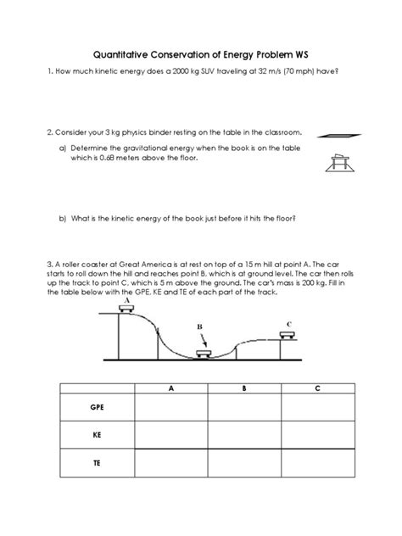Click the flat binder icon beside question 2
tap(338, 134)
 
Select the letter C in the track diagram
tap(289, 323)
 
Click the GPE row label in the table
tap(96, 408)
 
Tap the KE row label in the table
tap(96, 438)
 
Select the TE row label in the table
tap(96, 465)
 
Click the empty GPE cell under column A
tap(171, 408)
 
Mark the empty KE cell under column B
tap(244, 437)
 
